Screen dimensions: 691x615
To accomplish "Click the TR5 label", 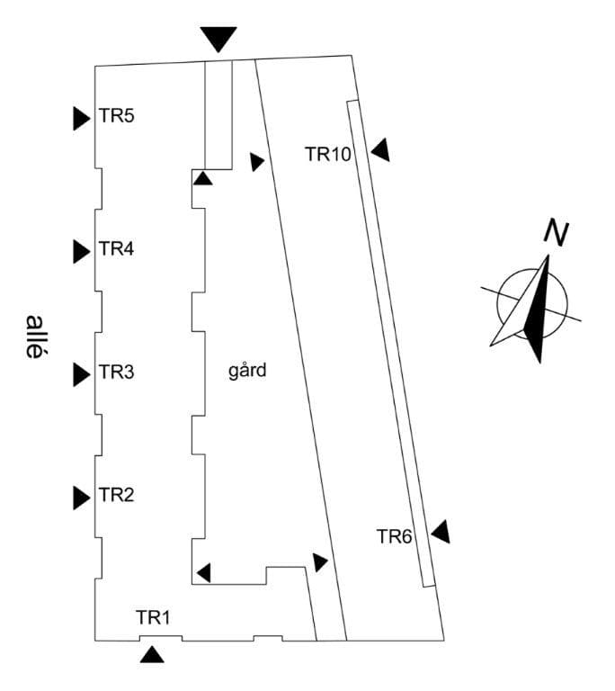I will click(117, 116).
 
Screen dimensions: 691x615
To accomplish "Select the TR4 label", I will click(117, 249).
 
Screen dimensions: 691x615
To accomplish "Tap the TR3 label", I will click(117, 372).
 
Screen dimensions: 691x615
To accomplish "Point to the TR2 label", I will click(117, 494).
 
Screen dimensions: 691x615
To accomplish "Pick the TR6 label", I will click(395, 537).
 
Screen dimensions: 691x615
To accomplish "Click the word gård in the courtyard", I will click(248, 370).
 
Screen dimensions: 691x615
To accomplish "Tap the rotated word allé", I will click(35, 337).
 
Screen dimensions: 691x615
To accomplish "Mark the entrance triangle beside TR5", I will click(82, 118).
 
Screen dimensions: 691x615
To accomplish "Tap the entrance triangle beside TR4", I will click(82, 251).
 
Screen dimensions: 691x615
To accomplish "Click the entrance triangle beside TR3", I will click(82, 373).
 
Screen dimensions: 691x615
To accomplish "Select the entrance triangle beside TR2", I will click(82, 496).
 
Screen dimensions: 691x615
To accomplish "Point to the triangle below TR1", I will click(153, 655).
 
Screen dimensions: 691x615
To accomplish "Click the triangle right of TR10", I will click(381, 150).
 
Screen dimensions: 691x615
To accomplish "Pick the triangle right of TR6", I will click(441, 532).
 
